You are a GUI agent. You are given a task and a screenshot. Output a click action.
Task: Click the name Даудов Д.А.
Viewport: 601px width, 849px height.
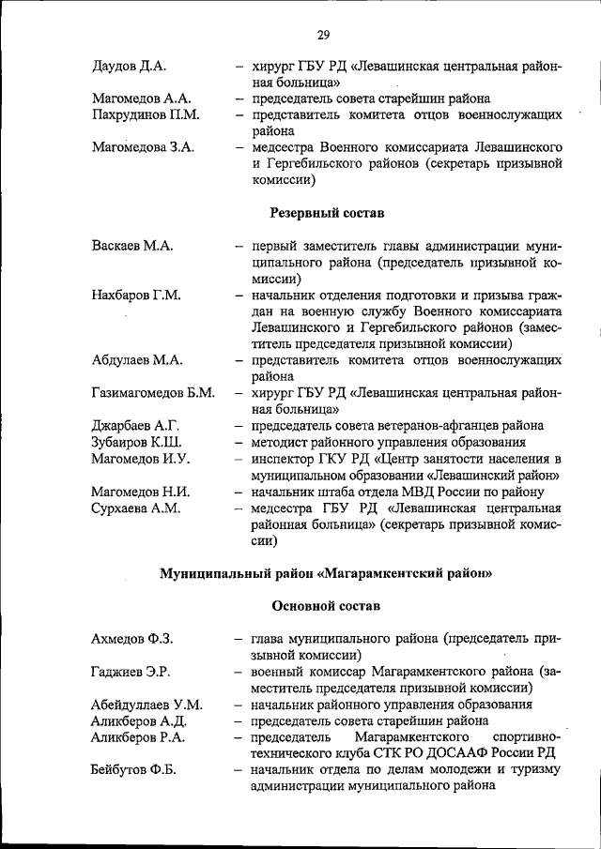[130, 66]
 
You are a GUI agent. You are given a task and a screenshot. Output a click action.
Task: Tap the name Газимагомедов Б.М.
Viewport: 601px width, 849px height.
[152, 392]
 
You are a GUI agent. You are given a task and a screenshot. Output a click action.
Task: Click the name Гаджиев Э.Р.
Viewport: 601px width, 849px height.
[131, 672]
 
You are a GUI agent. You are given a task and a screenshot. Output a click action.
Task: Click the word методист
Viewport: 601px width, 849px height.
[280, 442]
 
